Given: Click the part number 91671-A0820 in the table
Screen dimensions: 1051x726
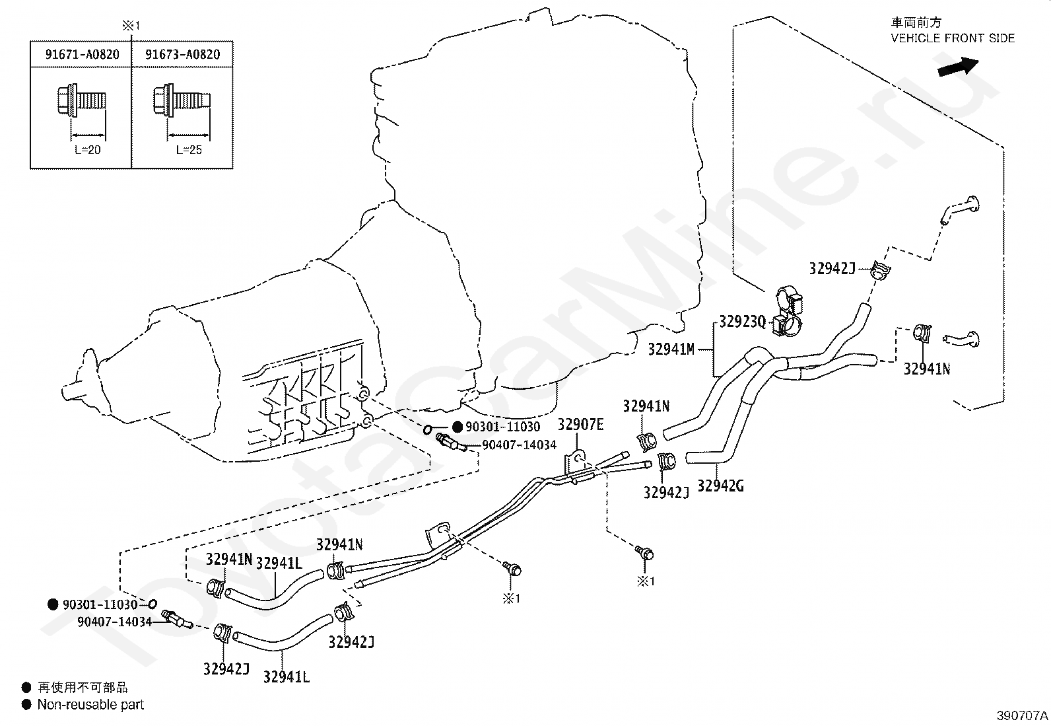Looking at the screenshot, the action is tap(82, 54).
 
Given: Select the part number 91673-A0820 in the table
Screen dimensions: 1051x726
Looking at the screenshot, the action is tap(182, 54).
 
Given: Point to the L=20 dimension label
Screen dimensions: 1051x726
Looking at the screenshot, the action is tap(88, 150).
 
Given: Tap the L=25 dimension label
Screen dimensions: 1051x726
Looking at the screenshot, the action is tap(189, 150).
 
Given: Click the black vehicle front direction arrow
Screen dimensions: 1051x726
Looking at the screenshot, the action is tap(958, 67).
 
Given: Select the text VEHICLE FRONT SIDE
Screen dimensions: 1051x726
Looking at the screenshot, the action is tap(953, 38).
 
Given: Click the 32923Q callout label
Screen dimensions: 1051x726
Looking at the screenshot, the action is tap(742, 322).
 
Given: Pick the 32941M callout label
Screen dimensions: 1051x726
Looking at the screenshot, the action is tap(671, 349).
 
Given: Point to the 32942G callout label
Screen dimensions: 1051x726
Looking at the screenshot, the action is tap(721, 486).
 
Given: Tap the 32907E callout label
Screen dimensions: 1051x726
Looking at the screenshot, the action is tap(580, 425).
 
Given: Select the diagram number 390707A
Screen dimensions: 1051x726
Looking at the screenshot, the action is tap(1023, 715).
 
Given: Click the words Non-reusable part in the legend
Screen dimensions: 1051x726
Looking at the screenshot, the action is tap(90, 704).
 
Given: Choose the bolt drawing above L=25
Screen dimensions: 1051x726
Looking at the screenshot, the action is tap(182, 100).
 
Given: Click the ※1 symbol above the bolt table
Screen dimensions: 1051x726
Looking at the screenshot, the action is tap(131, 26).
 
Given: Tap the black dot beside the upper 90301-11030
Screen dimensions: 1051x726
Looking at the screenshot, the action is tap(458, 426).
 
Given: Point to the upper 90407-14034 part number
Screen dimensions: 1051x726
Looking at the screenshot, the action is tap(520, 445).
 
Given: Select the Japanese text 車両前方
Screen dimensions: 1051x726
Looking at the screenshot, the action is tap(916, 22).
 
